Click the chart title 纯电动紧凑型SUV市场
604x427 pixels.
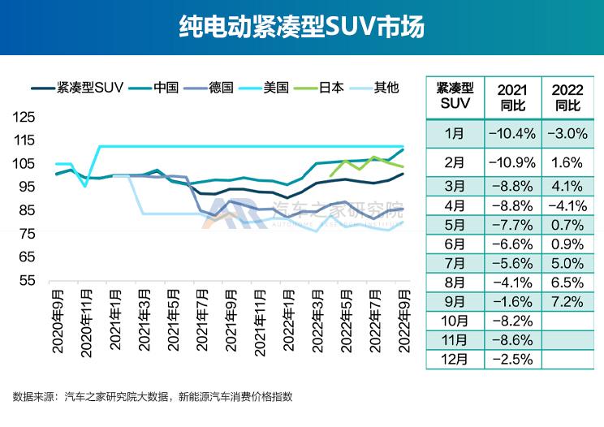301,28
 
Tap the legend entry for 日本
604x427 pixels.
331,88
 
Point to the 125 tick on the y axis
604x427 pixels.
26,117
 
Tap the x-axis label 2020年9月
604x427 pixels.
58,321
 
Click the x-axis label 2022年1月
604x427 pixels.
288,321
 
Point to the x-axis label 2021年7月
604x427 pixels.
201,321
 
